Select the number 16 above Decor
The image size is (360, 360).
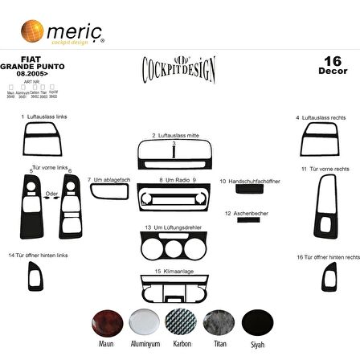pos(332,61)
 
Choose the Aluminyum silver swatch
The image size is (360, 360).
pos(144,323)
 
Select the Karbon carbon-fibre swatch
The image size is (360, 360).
pos(179,323)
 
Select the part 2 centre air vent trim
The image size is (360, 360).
pos(178,152)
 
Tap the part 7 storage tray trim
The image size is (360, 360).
pos(109,191)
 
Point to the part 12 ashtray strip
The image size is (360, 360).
pos(237,219)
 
